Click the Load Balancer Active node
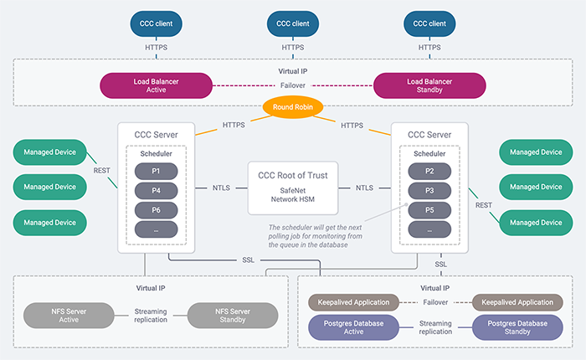155,85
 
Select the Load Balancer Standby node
429,85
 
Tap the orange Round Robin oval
293,107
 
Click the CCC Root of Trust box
292,187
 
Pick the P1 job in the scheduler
156,170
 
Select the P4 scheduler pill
156,190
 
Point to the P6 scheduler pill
156,210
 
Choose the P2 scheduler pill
431,170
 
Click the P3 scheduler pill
431,190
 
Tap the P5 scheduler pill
431,210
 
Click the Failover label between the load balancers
292,85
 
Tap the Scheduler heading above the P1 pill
156,154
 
